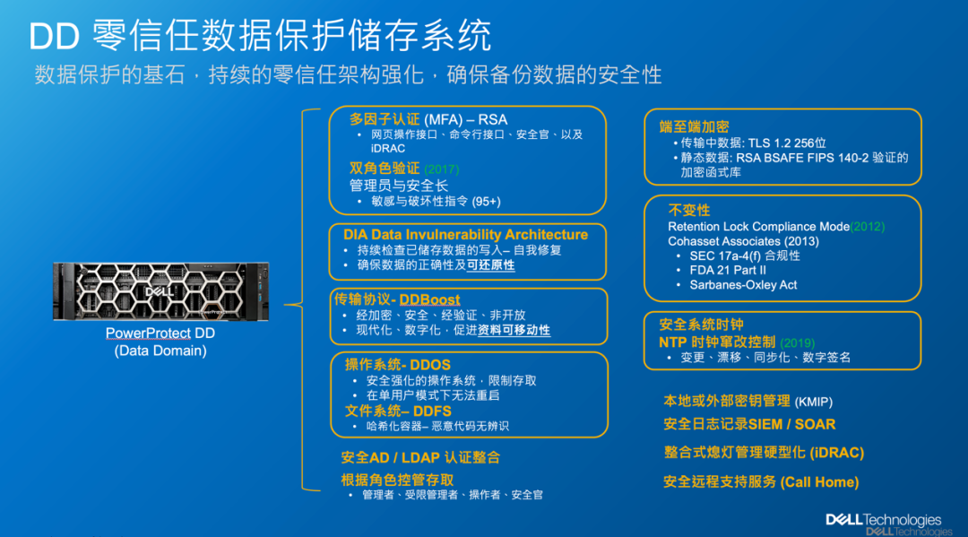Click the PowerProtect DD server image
point(161,291)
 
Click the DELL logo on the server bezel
point(159,291)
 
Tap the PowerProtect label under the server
point(148,333)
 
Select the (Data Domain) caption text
point(160,351)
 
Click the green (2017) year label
point(441,169)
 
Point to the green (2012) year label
point(868,227)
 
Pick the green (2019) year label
point(798,342)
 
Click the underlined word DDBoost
point(429,300)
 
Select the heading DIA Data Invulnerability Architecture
point(465,235)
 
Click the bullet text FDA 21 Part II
point(728,271)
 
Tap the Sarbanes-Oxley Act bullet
point(743,285)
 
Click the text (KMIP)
point(814,403)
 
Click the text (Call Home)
point(820,482)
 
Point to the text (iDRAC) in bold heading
point(837,453)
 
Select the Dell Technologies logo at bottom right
point(884,520)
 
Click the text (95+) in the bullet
point(487,202)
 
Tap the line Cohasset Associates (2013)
point(743,241)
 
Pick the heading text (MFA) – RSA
point(465,120)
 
